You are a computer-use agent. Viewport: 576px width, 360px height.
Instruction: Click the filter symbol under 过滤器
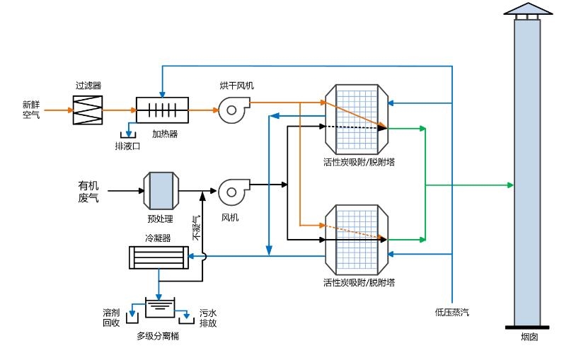[x=88, y=110]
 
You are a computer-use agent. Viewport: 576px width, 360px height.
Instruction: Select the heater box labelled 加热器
[x=163, y=110]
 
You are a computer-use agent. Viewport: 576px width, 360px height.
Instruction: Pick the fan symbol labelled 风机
[x=231, y=190]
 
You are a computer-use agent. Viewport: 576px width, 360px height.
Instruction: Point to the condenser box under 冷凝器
[x=159, y=257]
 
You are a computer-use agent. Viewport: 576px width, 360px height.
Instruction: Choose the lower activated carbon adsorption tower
[x=357, y=238]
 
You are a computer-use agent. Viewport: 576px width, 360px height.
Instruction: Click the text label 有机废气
[x=88, y=191]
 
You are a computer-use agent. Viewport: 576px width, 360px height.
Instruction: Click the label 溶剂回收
[x=111, y=317]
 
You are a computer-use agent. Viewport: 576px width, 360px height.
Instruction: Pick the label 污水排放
[x=207, y=317]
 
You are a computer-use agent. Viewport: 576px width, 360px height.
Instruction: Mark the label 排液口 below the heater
[x=128, y=146]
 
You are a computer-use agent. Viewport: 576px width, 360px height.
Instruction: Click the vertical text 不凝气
[x=197, y=228]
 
